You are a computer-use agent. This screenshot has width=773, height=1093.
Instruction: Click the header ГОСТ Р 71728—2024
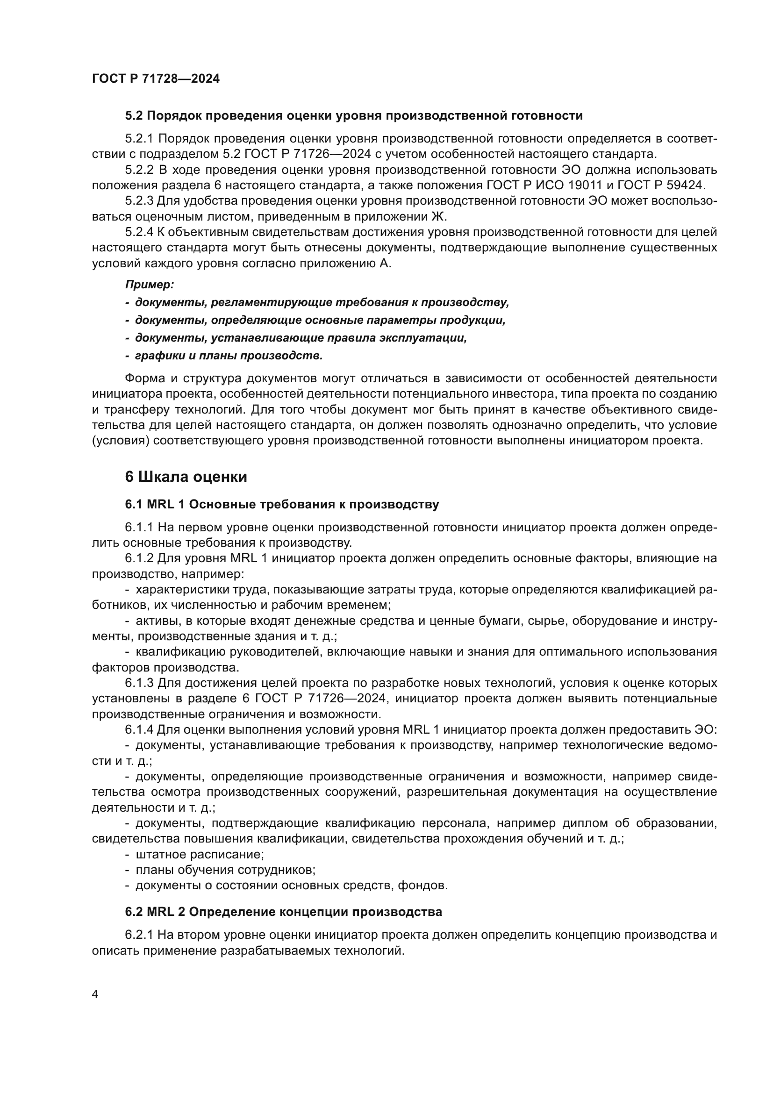click(x=156, y=79)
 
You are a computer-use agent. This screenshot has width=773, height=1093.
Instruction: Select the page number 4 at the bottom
click(x=95, y=994)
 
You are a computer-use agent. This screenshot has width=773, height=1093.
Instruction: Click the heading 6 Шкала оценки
click(x=186, y=477)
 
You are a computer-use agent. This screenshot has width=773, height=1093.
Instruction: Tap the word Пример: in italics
click(x=150, y=285)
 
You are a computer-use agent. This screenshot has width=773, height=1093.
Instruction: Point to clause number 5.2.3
click(x=139, y=201)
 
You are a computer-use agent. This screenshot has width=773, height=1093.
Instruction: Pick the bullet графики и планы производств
click(x=229, y=356)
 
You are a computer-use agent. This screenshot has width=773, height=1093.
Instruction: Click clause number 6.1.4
click(x=139, y=730)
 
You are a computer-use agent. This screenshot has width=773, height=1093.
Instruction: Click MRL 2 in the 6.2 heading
click(x=162, y=912)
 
